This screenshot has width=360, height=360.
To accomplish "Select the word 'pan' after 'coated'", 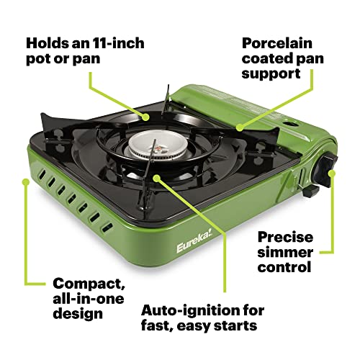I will point(305,60).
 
